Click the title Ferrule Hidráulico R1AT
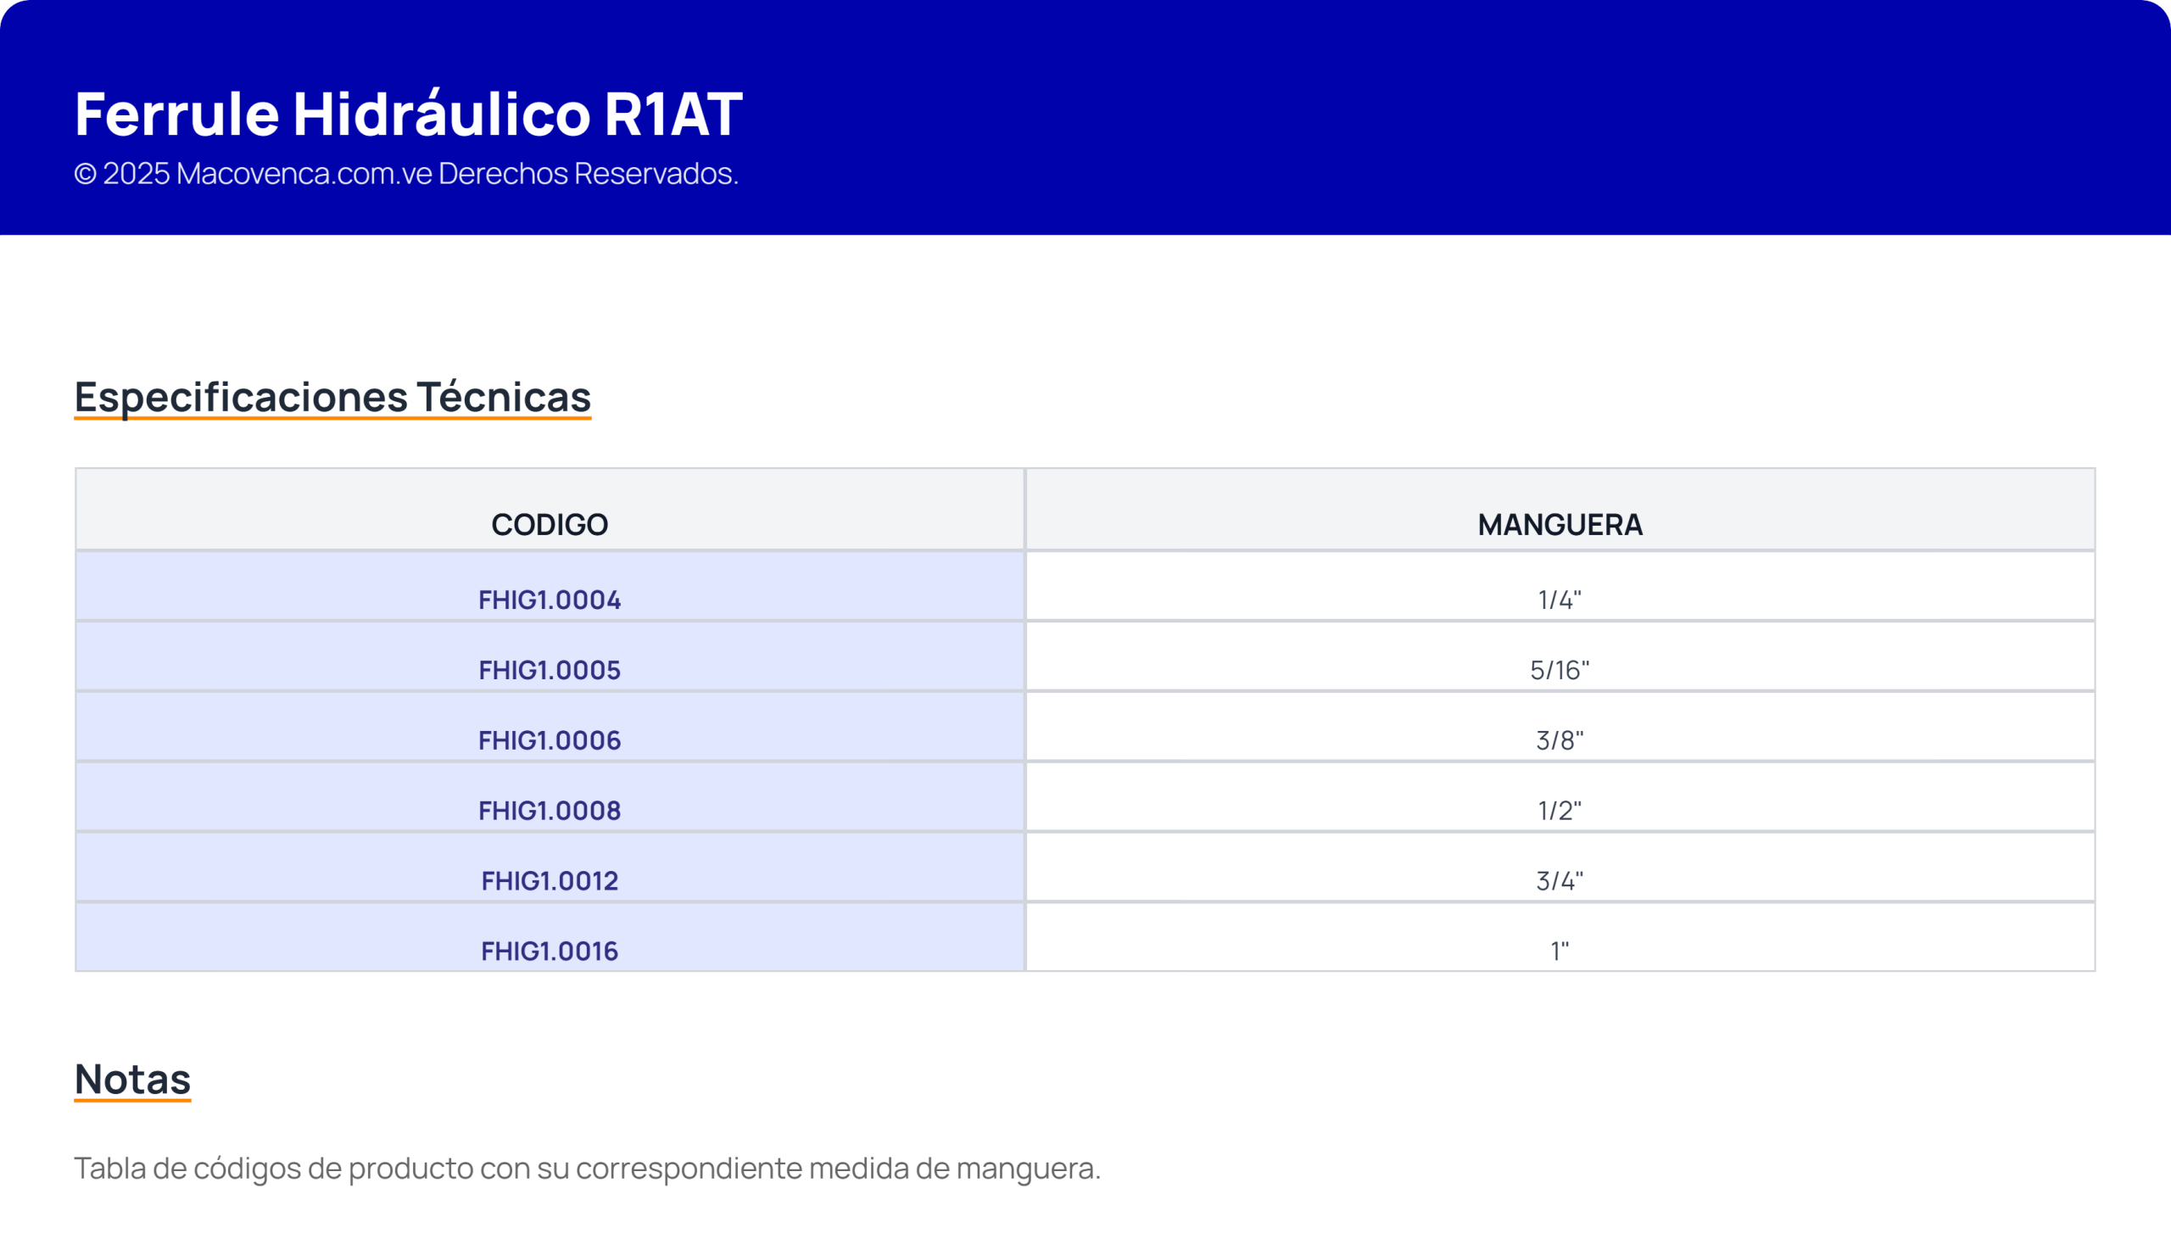tap(409, 114)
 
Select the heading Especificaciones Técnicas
tap(332, 397)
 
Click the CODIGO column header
tap(550, 525)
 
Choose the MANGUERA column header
tap(1560, 525)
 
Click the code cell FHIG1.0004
tap(550, 600)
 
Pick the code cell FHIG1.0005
tap(550, 670)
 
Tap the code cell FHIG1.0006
tap(550, 740)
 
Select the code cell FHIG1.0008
tap(550, 811)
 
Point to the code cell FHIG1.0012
tap(550, 881)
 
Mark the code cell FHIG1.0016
tap(550, 951)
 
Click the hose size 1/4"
tap(1560, 600)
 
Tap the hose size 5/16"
tap(1560, 670)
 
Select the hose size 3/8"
tap(1560, 740)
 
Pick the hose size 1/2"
tap(1560, 811)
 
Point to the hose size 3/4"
tap(1560, 881)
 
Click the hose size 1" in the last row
tap(1560, 951)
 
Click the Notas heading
tap(133, 1080)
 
